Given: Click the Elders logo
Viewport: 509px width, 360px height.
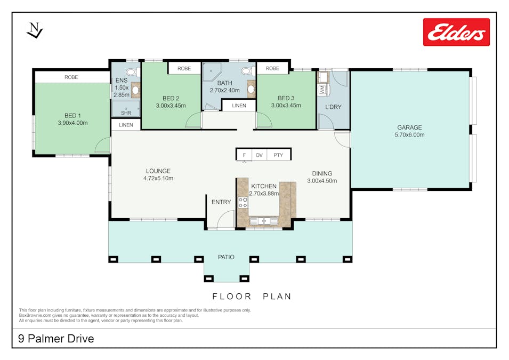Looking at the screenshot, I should click(456, 32).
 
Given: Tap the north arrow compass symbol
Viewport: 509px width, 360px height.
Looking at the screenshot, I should click(35, 31).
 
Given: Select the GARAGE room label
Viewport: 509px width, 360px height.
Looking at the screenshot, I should click(409, 127).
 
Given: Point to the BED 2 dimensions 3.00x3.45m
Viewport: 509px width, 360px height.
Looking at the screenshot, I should click(171, 106).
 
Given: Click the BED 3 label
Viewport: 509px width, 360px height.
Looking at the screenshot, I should click(286, 98).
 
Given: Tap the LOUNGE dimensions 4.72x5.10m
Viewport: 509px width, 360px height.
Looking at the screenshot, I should click(158, 178).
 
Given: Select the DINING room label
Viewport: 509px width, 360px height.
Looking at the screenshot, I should click(322, 173).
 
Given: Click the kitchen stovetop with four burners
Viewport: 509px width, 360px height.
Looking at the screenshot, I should click(243, 203).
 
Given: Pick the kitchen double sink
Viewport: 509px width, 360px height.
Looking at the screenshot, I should click(264, 221).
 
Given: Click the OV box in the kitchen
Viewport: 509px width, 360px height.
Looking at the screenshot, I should click(259, 155).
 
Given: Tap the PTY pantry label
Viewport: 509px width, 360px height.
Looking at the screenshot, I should click(278, 155).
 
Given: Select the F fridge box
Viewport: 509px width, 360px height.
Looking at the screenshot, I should click(244, 155).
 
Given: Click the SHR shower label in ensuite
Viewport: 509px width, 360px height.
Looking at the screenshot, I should click(126, 113).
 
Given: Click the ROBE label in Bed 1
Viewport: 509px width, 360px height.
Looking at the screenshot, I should click(71, 77).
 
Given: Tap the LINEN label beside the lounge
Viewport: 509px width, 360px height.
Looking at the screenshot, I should click(126, 125).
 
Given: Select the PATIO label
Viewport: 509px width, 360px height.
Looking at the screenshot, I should click(226, 257).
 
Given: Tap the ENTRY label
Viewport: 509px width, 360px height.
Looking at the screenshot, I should click(221, 202).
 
